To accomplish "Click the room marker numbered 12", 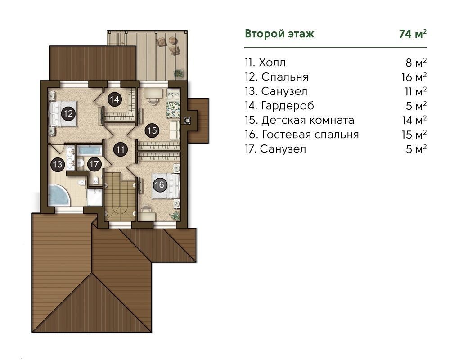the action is (68, 114).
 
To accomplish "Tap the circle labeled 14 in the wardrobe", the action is (114, 99).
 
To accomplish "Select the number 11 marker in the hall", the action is (121, 149).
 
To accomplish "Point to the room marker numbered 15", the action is (152, 130).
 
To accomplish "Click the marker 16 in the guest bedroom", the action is (160, 184).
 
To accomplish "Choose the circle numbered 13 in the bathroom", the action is (58, 165).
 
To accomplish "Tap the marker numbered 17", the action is (94, 165).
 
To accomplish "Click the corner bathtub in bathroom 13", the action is (59, 195).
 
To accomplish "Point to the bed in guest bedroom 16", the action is (166, 186).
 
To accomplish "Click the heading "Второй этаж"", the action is (279, 34).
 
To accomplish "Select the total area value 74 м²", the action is (413, 34).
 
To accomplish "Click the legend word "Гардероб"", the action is (288, 106).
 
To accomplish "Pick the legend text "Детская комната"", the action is (308, 120).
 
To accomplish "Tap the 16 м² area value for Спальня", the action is (414, 77).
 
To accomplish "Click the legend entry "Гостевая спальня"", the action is (310, 135).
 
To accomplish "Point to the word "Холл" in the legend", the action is (272, 63).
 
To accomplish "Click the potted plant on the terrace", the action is (178, 73).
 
